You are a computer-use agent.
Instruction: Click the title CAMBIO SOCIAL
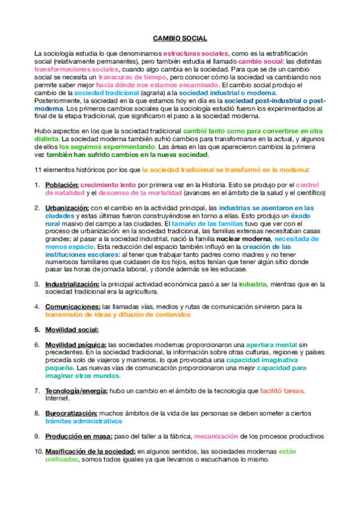tap(180, 38)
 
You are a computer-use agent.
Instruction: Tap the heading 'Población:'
tap(62, 185)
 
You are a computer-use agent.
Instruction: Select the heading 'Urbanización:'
tap(68, 207)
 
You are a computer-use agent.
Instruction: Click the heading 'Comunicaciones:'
tap(71, 306)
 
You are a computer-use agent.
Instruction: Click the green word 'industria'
tap(251, 283)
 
